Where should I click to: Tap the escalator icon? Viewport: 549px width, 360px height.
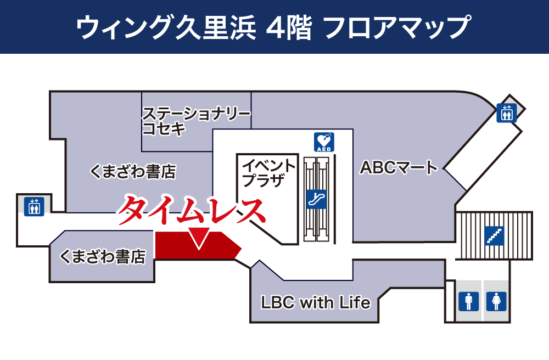(x=317, y=198)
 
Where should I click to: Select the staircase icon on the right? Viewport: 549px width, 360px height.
(x=495, y=235)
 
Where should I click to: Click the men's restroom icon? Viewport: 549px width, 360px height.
(x=468, y=301)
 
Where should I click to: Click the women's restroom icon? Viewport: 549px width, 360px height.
(x=496, y=301)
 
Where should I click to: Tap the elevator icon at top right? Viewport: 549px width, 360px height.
(x=506, y=113)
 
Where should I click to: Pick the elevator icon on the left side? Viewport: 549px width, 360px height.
(x=34, y=205)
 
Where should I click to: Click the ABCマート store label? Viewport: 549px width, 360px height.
(x=399, y=167)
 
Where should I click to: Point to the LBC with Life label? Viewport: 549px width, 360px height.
(x=316, y=302)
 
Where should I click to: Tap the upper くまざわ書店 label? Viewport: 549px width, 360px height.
(x=132, y=172)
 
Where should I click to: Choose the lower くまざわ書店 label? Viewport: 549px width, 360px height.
(x=103, y=256)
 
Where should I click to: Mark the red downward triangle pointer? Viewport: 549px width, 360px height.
(x=198, y=238)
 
